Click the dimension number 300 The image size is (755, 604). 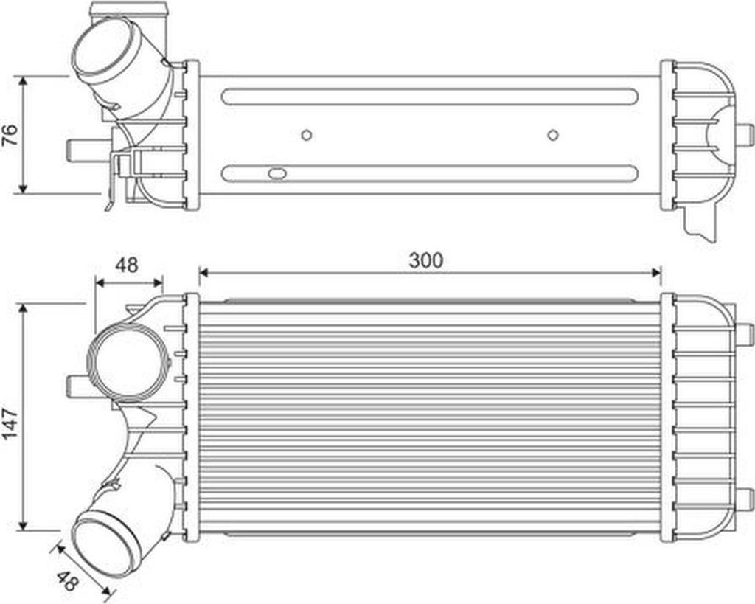click(x=427, y=260)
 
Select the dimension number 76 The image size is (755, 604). click(x=9, y=135)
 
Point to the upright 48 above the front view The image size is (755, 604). click(x=127, y=265)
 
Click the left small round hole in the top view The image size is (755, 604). click(x=307, y=135)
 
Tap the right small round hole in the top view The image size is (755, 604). click(x=553, y=135)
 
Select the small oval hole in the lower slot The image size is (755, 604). click(x=277, y=175)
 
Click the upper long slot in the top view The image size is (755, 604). click(x=430, y=97)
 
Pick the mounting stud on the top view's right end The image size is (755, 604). click(x=744, y=135)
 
